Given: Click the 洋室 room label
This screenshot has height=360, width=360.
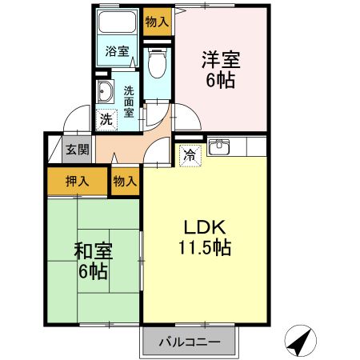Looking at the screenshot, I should tap(221, 59).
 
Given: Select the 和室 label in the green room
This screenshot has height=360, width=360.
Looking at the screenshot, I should tap(93, 250).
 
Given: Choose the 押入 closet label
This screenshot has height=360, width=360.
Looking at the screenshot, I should tap(77, 181).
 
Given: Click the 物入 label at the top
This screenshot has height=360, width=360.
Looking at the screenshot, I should tap(157, 22).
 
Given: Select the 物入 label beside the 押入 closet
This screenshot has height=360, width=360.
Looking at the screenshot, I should tap(125, 181).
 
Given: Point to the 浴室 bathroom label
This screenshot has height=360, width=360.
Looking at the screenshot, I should tap(118, 52).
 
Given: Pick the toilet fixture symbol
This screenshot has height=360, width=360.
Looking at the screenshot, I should tap(157, 62).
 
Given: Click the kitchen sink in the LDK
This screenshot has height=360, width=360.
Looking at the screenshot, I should tap(218, 147).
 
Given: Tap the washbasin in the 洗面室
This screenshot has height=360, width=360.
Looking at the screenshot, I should tap(104, 93).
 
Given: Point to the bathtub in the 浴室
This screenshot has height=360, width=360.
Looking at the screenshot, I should tap(117, 25).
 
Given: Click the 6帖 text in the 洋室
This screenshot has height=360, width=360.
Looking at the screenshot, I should tap(221, 80).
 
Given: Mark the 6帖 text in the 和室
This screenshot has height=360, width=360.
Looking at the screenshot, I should tap(93, 271).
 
